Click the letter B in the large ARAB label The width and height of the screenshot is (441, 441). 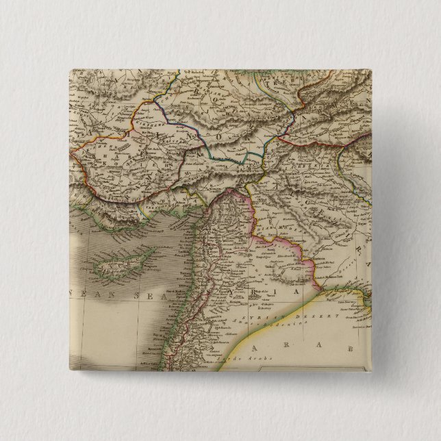point(349,349)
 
